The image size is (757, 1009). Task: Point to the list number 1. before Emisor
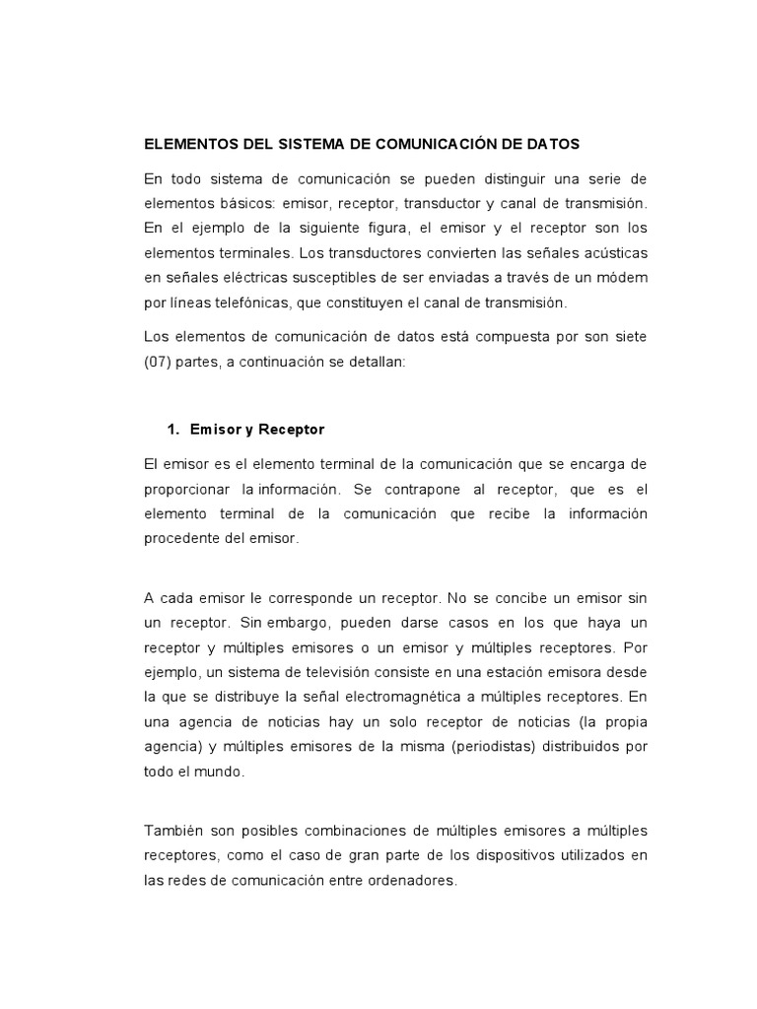[174, 430]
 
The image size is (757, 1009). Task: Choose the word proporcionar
[187, 489]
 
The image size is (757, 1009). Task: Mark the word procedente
[182, 539]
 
